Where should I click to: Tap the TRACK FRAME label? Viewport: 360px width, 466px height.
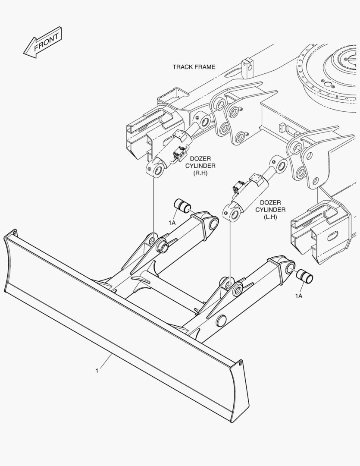click(194, 67)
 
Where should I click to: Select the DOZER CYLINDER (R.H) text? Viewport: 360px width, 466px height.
click(200, 166)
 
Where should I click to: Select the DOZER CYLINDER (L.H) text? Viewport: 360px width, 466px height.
click(270, 210)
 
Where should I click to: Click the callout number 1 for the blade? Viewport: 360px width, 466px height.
click(97, 370)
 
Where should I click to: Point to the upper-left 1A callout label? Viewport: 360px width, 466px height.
click(172, 223)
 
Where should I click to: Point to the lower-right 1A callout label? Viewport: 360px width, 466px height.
click(298, 296)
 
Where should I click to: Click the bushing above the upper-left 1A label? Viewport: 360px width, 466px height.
click(181, 206)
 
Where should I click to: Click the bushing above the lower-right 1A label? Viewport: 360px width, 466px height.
click(304, 277)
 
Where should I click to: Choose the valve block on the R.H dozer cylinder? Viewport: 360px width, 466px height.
click(180, 154)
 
